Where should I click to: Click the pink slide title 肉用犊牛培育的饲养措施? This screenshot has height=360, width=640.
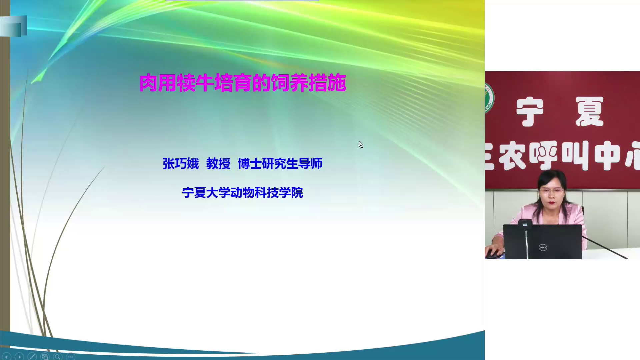243,83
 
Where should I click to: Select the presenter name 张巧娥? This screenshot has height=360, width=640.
181,164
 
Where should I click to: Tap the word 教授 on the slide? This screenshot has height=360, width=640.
218,164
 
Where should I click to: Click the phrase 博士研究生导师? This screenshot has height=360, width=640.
280,164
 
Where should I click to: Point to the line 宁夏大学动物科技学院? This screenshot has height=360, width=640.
242,193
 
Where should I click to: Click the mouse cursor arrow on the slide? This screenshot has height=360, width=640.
361,145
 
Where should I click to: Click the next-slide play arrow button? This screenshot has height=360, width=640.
19,357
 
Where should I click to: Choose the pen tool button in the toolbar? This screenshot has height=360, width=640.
32,357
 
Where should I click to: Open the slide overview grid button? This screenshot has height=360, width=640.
45,357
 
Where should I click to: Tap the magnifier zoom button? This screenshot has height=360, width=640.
57,357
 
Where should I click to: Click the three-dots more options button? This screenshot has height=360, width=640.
70,357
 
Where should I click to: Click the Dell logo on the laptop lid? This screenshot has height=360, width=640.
543,247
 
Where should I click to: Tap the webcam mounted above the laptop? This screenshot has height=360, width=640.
525,224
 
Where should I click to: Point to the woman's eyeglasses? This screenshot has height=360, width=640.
551,191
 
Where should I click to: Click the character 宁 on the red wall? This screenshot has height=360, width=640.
530,112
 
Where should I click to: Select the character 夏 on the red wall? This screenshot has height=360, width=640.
589,112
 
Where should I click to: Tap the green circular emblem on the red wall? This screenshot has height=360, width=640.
489,98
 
